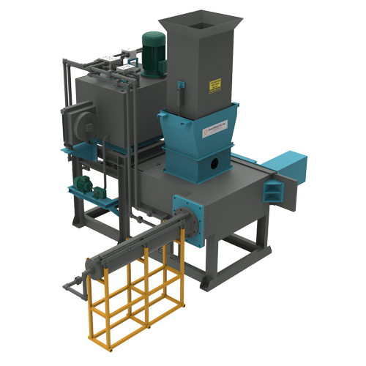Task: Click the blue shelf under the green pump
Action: coord(91,198)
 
